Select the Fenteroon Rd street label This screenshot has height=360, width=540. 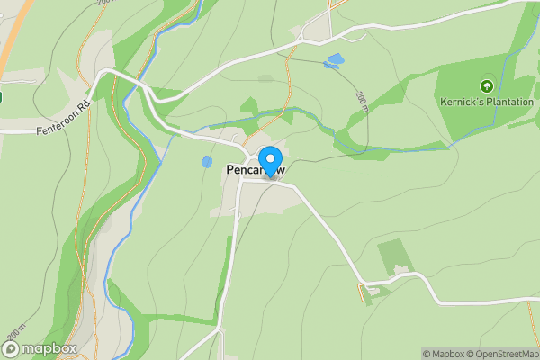point(66,117)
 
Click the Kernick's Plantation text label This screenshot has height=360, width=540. point(487,103)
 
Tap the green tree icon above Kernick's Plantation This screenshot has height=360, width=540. point(487,86)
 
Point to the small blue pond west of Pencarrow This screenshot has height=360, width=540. point(207,162)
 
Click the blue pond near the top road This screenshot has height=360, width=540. point(335,61)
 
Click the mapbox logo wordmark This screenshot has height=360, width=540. point(49,348)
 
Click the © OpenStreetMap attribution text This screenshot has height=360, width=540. point(500,354)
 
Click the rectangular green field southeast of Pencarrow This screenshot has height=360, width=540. point(393,256)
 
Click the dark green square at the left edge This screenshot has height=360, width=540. point(1,96)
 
